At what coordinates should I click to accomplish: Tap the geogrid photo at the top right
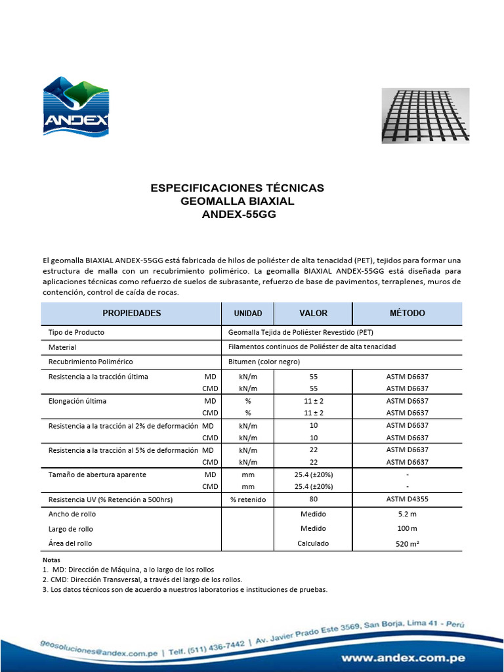426,115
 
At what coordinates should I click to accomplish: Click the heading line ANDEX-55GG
238,214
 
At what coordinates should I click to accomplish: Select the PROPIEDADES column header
131,313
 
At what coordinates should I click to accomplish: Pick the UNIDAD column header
248,314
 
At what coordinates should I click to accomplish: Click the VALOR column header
313,313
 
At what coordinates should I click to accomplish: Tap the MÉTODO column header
407,313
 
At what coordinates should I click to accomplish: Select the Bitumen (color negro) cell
264,362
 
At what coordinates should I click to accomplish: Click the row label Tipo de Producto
76,332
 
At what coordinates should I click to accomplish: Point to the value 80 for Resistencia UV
313,499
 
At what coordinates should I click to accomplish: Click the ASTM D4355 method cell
407,499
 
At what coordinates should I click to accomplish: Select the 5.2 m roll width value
407,514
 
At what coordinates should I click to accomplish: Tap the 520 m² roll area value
407,543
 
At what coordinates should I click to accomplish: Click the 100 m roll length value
407,528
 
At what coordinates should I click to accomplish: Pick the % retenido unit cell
248,499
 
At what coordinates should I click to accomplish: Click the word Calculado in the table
313,543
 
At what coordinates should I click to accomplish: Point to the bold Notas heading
51,560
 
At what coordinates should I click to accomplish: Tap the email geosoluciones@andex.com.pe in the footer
98,650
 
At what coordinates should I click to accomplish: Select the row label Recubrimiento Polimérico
91,362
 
